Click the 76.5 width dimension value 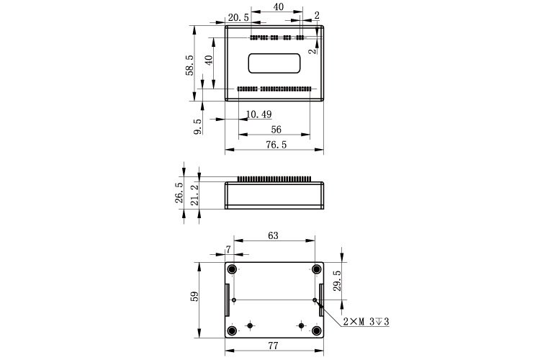(276, 145)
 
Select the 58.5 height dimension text (189, 65)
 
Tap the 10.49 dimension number (259, 114)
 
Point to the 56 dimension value (276, 130)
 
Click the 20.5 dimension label (238, 17)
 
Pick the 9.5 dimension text (198, 127)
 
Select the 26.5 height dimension (179, 192)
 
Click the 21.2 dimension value (194, 195)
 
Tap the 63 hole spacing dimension (273, 235)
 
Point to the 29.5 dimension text (337, 281)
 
